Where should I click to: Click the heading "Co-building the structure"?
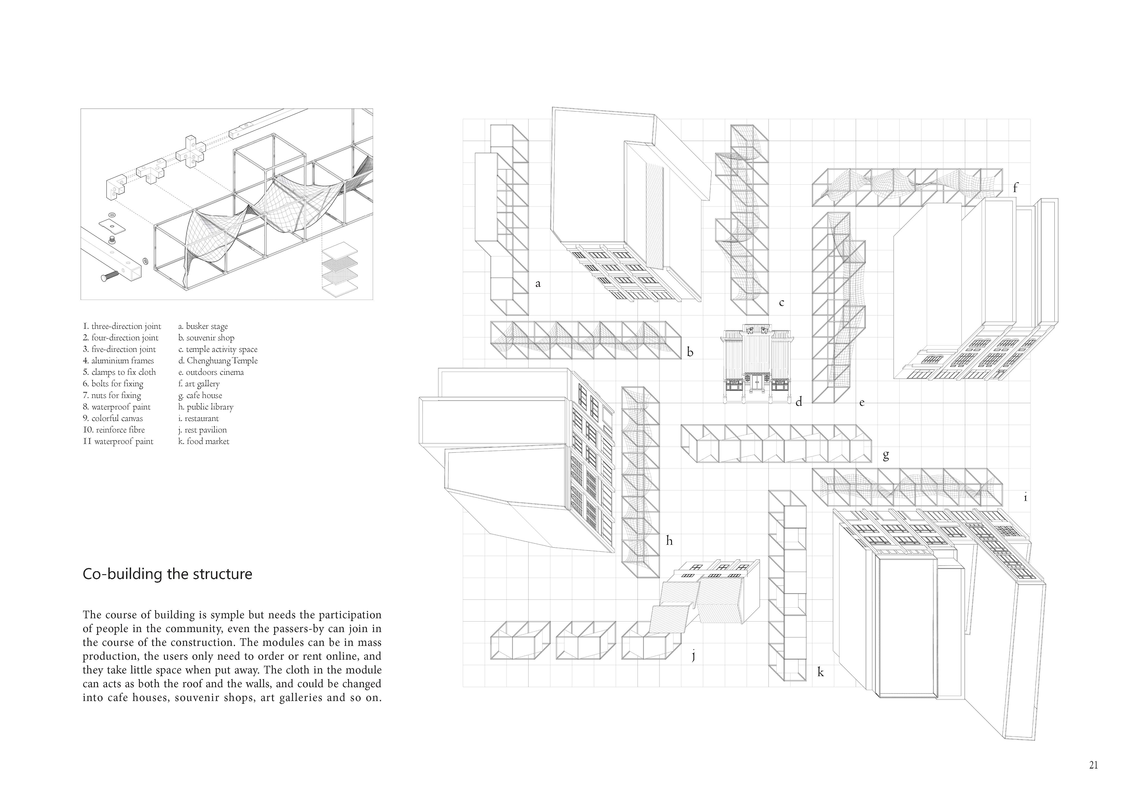(x=167, y=574)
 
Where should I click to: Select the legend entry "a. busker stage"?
(x=203, y=326)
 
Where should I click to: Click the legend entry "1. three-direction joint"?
(x=122, y=326)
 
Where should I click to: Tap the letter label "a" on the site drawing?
(x=538, y=284)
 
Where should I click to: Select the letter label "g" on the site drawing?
(x=886, y=455)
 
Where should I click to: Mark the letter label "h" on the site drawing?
(x=669, y=541)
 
